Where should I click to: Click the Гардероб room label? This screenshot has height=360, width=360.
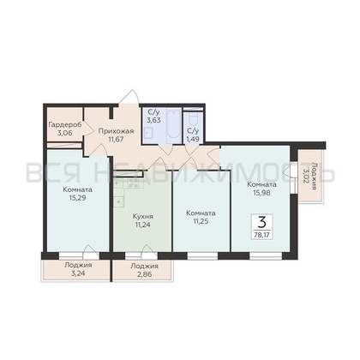[65, 125]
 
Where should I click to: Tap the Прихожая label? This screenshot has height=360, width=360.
[116, 131]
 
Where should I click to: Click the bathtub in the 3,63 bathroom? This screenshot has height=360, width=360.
[173, 125]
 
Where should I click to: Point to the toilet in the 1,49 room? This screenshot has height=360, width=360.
[194, 119]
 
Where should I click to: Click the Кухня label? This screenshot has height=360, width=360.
[143, 217]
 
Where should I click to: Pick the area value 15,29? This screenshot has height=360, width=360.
[77, 197]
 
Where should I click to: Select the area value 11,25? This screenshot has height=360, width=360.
[201, 221]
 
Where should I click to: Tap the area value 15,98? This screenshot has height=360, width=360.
[261, 193]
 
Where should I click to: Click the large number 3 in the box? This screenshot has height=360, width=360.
[261, 222]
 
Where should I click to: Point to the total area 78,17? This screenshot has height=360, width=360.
[261, 235]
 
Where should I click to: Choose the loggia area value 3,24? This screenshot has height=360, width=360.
[78, 273]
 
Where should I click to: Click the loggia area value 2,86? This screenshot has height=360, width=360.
[144, 274]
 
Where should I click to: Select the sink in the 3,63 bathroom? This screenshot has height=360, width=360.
[148, 133]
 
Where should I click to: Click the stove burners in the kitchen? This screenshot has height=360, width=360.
[133, 183]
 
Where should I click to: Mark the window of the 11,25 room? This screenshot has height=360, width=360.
[202, 256]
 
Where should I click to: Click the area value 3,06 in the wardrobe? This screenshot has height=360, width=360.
[64, 133]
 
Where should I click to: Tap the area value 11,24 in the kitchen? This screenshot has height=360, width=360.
[143, 225]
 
